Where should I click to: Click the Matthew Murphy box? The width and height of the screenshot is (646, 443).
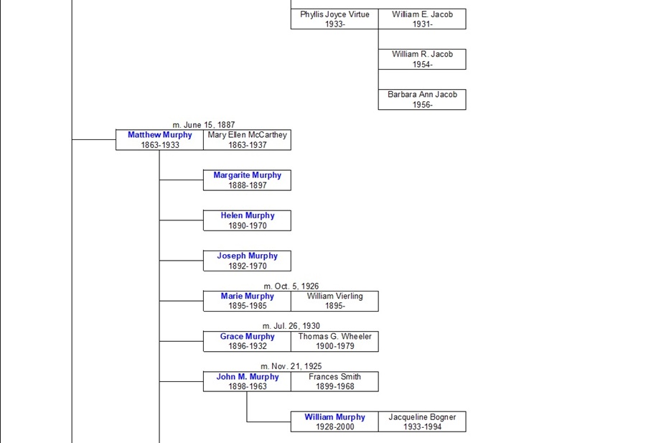point(159,140)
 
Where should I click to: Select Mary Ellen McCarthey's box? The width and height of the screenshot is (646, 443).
point(247,140)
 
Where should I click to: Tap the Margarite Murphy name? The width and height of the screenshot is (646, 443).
point(247,175)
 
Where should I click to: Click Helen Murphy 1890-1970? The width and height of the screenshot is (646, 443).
point(247,220)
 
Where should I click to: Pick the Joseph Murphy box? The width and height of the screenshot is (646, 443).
point(247,261)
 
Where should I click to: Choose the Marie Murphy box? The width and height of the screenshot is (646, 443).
point(247,301)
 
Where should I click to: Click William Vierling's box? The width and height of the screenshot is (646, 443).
point(334,301)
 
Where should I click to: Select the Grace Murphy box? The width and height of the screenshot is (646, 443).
point(247,341)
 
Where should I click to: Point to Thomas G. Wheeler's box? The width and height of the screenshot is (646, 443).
point(334,341)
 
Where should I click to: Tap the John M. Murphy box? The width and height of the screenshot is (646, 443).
point(247,381)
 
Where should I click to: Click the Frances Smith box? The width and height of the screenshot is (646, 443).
point(334,381)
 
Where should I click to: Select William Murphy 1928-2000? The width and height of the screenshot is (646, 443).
point(334,421)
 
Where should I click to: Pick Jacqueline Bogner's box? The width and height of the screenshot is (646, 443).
point(422,421)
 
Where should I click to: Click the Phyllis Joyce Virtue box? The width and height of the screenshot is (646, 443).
point(334,19)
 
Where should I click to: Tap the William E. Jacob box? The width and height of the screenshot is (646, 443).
point(422,19)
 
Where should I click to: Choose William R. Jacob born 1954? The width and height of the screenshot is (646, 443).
point(422,59)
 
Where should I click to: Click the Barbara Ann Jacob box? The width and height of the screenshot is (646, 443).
point(422,99)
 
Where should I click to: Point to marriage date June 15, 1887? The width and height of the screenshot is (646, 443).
point(203,125)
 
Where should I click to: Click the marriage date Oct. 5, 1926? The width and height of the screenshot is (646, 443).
point(291,286)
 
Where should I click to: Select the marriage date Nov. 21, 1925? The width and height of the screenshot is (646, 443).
point(291,366)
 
